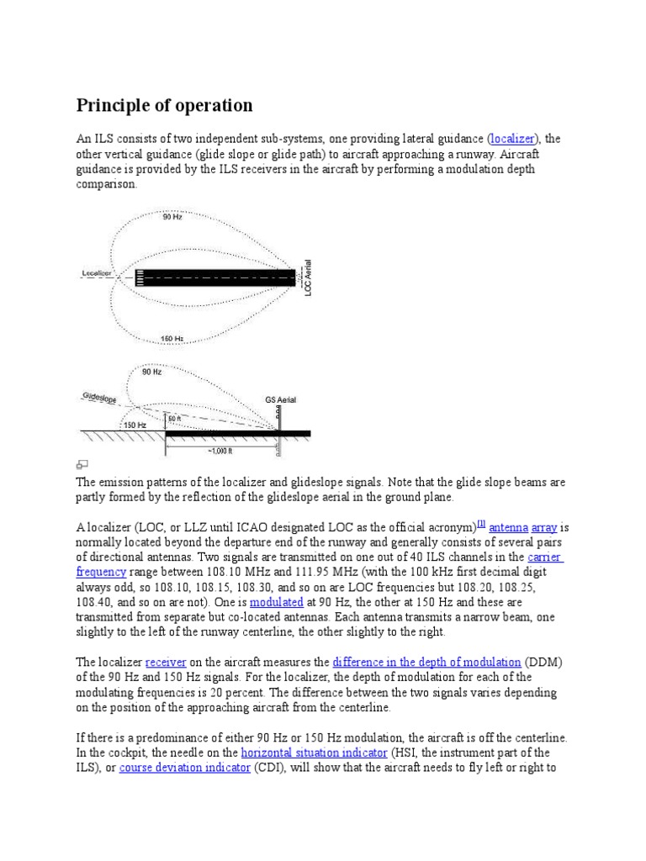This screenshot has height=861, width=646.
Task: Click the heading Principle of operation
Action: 164,105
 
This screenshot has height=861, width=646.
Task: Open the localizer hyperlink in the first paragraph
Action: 512,139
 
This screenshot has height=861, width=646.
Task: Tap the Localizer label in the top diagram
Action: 98,272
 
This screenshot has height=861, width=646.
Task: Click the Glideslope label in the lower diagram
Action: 99,397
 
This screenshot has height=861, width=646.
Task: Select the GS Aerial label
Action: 280,400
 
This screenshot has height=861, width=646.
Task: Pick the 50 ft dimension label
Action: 174,418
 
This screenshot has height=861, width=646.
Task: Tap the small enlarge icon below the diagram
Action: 82,464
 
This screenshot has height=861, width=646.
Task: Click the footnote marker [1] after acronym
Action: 481,523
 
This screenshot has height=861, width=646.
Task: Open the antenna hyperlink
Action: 508,527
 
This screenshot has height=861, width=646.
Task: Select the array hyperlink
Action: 544,527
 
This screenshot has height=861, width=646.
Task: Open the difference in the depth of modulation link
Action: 427,662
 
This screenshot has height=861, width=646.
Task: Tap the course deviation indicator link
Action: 185,768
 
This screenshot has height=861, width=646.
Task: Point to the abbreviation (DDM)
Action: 546,662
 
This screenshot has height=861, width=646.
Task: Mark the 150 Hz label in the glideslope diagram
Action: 136,425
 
